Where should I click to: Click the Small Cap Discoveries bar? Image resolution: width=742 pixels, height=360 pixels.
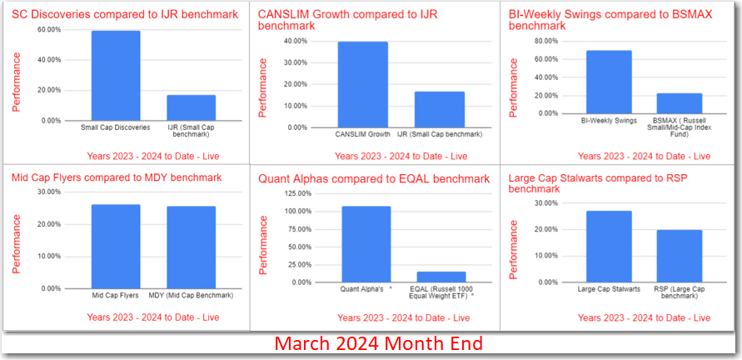coord(116,76)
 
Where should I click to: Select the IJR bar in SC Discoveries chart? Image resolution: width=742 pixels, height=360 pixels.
coord(191,107)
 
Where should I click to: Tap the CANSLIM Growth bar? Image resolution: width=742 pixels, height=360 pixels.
coord(362,84)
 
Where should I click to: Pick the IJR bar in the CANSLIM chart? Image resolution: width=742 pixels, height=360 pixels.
coord(440,109)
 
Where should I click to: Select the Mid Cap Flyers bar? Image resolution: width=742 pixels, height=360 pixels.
coord(116,247)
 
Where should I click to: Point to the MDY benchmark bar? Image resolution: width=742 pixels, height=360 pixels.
coord(191,247)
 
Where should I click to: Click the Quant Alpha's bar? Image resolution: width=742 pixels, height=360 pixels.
coord(366,244)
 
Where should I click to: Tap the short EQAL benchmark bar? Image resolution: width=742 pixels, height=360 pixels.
coord(441,277)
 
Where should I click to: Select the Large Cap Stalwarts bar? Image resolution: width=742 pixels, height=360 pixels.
coord(609,247)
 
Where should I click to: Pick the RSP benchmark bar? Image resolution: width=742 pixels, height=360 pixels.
coord(679,256)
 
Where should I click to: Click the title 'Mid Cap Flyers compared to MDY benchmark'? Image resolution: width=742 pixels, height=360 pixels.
coord(117,177)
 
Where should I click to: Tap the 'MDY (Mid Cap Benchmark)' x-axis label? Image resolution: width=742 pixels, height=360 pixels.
coord(191,295)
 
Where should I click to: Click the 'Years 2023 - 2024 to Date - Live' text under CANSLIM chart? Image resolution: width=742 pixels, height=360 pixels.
coord(401,156)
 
